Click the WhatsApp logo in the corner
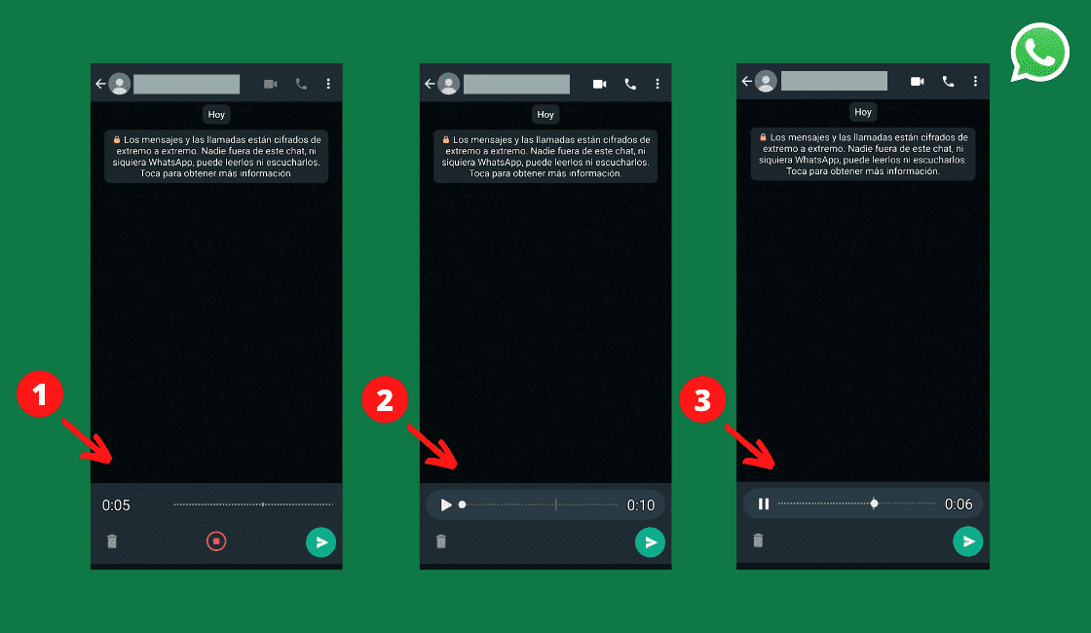click(x=1039, y=53)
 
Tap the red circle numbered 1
click(x=40, y=395)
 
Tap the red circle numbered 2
click(x=385, y=400)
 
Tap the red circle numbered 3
click(x=702, y=400)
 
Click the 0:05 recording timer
click(x=116, y=505)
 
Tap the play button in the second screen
click(x=446, y=504)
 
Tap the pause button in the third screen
click(x=764, y=503)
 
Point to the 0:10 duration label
click(x=640, y=505)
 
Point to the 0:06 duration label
click(x=959, y=504)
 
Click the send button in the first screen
click(x=320, y=541)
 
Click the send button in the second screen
click(x=650, y=541)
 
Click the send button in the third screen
click(x=967, y=540)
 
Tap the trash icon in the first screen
click(x=112, y=541)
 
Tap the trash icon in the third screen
click(x=758, y=540)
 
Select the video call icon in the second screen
click(x=599, y=84)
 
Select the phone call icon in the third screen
click(x=948, y=82)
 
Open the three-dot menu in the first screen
click(x=328, y=84)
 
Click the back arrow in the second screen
click(x=430, y=84)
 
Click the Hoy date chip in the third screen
click(x=862, y=112)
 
